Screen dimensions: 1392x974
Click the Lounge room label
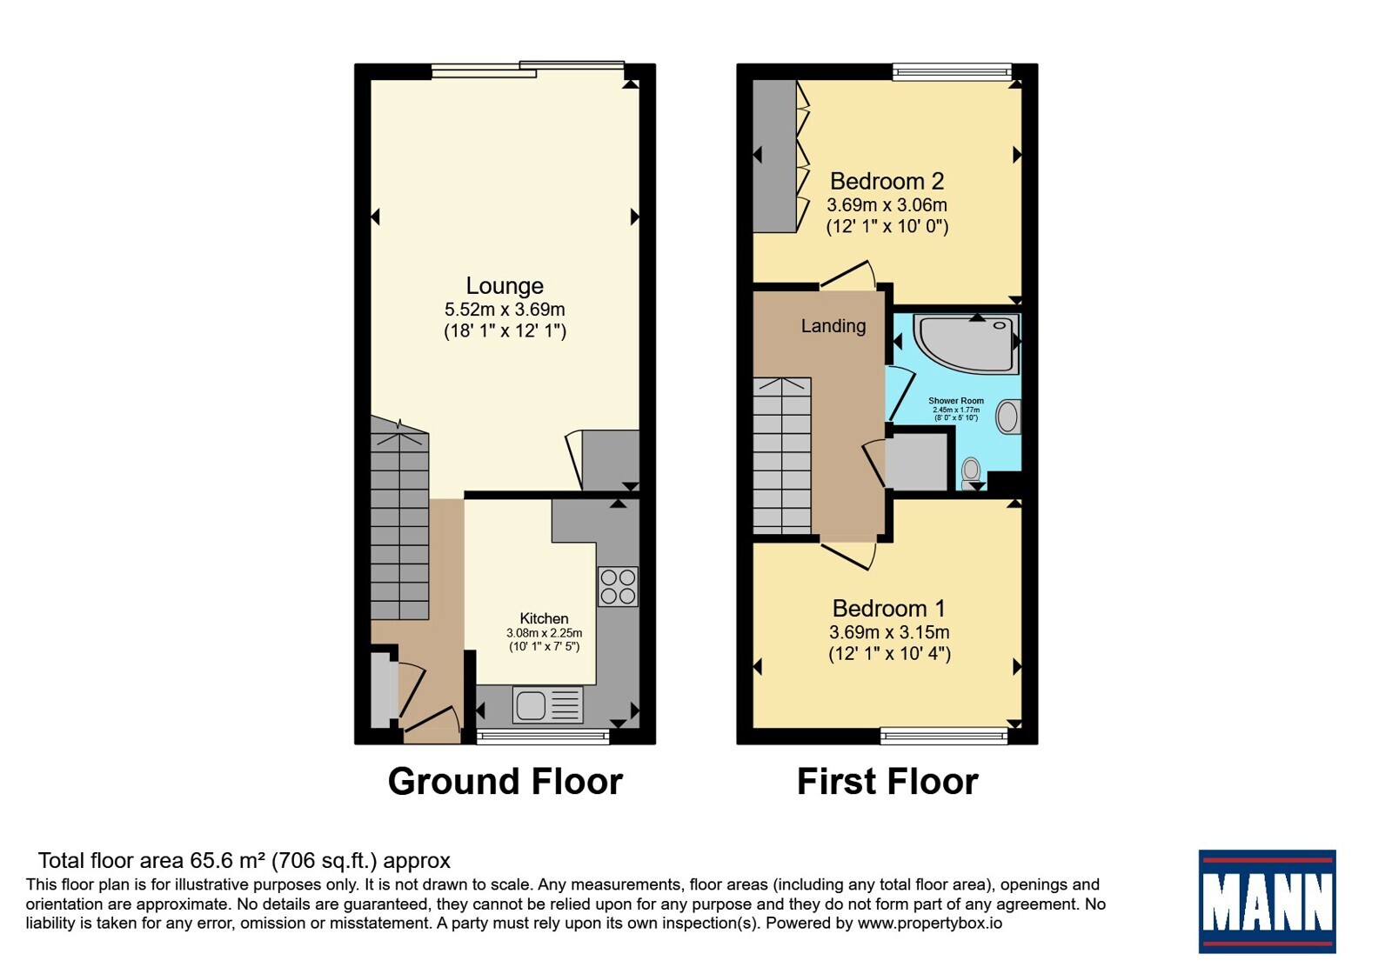tap(505, 286)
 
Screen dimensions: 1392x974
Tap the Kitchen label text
tap(544, 618)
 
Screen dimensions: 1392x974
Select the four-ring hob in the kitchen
tap(618, 586)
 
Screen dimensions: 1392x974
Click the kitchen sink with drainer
tap(547, 704)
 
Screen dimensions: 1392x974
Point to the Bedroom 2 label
tap(887, 182)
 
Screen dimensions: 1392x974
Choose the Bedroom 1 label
tap(888, 608)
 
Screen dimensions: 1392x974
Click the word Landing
tap(833, 326)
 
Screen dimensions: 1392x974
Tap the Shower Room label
tap(956, 401)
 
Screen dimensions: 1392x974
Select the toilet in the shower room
tap(971, 475)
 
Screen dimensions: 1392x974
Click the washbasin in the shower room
tap(1008, 417)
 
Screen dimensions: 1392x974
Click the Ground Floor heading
tap(505, 782)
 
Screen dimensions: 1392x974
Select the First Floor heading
tap(887, 782)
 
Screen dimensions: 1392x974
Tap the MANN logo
tap(1267, 901)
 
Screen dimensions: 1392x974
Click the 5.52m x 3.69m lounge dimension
tap(505, 310)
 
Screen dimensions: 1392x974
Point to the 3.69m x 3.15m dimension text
tap(889, 632)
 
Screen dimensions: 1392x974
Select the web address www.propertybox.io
tap(930, 923)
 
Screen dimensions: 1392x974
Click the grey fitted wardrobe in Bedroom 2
tap(775, 156)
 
